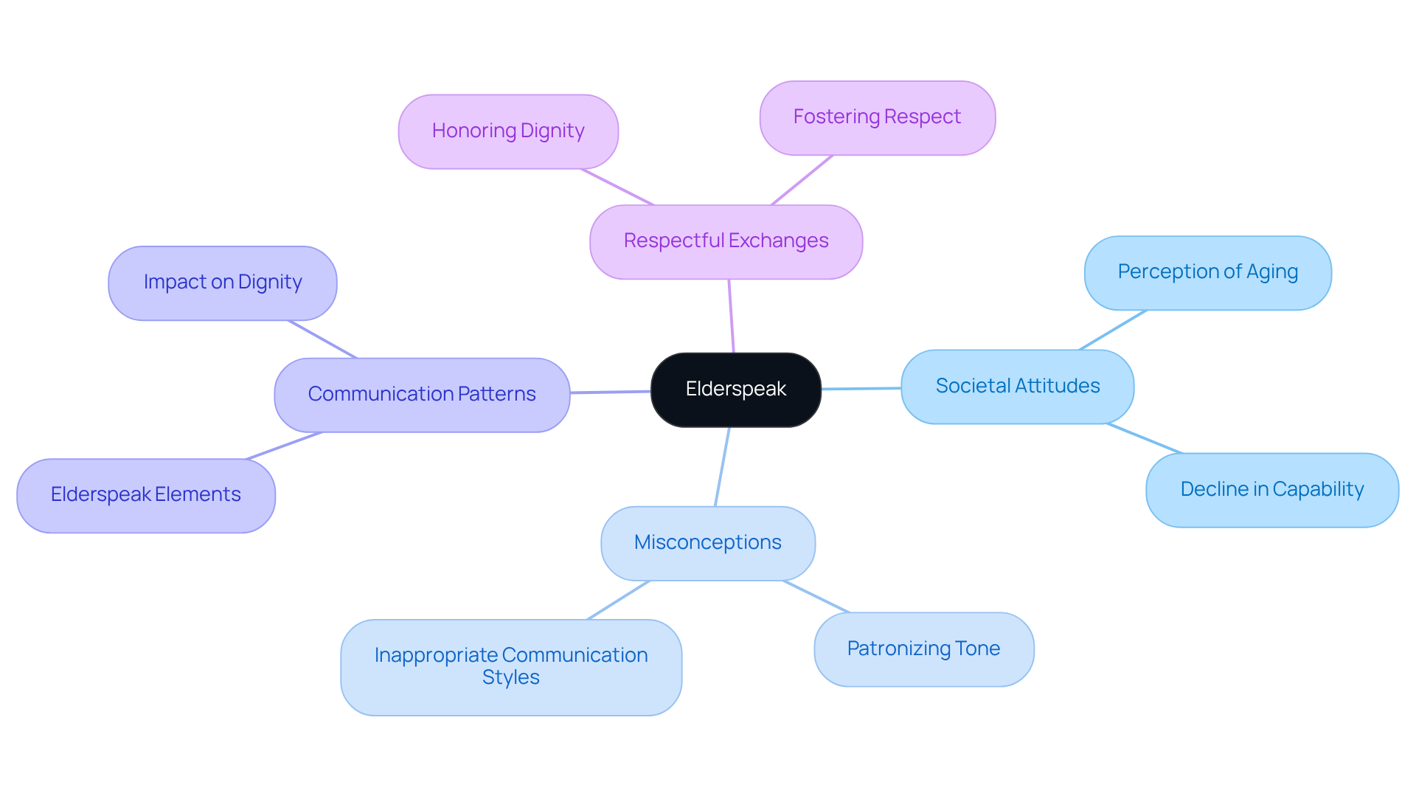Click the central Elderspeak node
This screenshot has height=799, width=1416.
pos(735,390)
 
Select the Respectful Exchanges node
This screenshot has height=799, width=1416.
pos(726,241)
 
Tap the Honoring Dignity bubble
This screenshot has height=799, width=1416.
pos(508,131)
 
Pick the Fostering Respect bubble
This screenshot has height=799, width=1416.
pos(877,117)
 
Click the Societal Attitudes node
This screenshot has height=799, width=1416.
pos(1017,386)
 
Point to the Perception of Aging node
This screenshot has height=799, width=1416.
pos(1207,272)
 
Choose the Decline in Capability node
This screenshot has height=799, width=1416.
pos(1271,490)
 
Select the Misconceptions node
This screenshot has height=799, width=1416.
pos(707,543)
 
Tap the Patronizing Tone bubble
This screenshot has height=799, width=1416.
pos(923,649)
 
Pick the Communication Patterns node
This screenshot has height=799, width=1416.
pos(422,395)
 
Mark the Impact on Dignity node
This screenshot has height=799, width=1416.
pos(222,283)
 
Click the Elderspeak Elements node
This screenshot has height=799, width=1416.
pos(145,495)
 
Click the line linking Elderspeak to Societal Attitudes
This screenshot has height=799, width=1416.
pos(861,388)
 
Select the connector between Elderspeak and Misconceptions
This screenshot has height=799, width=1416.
pos(722,466)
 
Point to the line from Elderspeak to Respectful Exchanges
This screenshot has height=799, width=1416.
pos(732,316)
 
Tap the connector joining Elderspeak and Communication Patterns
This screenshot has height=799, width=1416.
pos(610,392)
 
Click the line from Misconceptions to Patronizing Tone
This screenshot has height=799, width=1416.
pos(816,596)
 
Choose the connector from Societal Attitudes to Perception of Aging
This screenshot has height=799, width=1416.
pos(1112,330)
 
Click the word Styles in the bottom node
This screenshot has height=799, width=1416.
pos(510,678)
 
